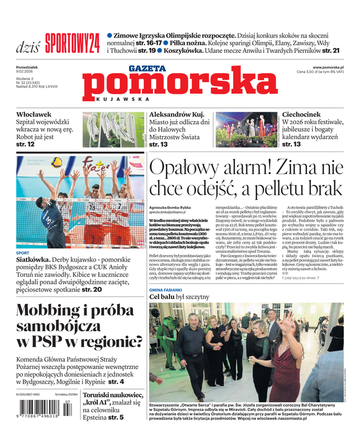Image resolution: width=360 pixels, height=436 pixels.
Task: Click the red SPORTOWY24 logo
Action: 72,43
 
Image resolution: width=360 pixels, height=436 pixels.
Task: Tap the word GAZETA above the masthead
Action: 147,69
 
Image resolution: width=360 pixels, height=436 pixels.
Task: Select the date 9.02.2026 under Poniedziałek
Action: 26,71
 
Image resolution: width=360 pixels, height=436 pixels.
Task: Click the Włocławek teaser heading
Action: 34,115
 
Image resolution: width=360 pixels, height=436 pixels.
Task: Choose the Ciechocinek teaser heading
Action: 306,115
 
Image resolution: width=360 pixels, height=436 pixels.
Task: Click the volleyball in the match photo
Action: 56,162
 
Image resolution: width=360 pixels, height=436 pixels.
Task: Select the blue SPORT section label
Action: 23,253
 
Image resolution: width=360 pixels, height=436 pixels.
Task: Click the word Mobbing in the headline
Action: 50,311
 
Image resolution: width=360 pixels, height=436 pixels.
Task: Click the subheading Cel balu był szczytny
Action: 179,297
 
